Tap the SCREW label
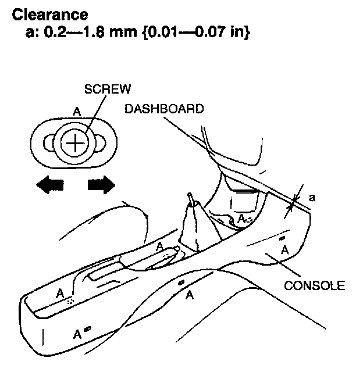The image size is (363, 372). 107,89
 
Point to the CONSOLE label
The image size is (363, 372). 315,285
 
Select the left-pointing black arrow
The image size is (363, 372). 49,185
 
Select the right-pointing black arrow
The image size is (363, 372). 101,185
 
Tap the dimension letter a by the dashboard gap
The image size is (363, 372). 312,198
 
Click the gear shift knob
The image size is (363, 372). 191,201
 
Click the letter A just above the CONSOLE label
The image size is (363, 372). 284,249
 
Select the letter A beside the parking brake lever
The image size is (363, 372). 160,246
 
